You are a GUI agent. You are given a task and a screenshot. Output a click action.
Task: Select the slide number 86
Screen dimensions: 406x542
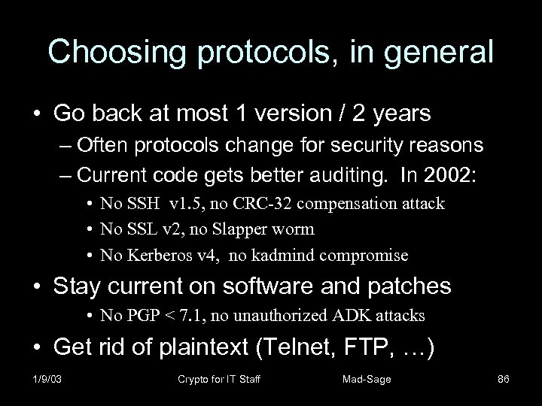point(504,380)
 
